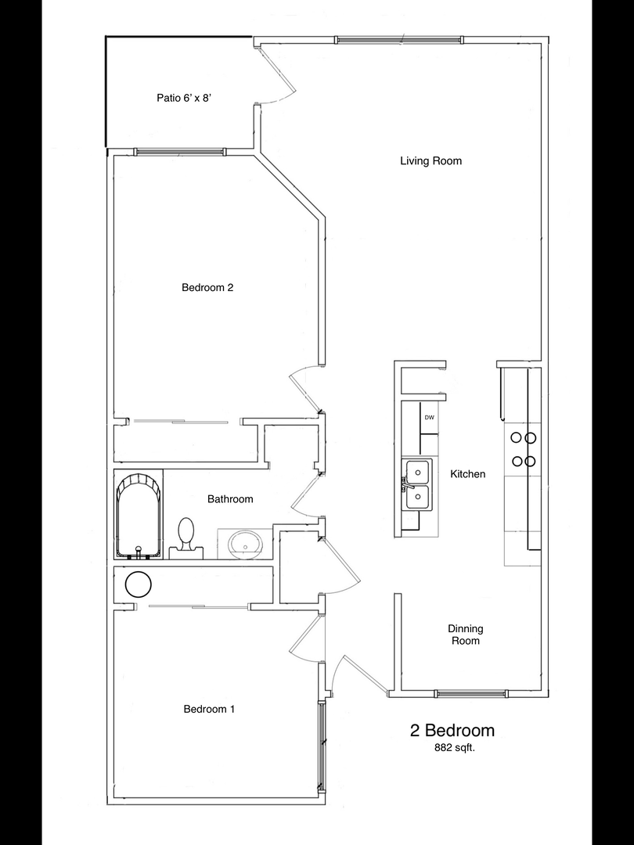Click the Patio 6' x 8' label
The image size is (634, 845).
[182, 98]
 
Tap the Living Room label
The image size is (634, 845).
[430, 161]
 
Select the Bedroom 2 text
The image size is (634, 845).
[207, 288]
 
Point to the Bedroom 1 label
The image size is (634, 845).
[209, 709]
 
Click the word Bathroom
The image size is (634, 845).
[230, 499]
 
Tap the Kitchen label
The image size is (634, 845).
[468, 474]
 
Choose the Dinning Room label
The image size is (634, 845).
[466, 635]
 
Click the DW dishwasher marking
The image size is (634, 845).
[429, 418]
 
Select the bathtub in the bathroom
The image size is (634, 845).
[139, 515]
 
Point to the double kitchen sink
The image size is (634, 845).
[416, 484]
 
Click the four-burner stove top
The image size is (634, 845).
[523, 449]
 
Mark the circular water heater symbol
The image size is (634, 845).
[138, 584]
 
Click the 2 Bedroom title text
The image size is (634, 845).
[452, 731]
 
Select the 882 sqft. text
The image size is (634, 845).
[455, 748]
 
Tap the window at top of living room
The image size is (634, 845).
[398, 39]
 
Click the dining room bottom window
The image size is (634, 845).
[470, 693]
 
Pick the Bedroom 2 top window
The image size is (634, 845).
[179, 152]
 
